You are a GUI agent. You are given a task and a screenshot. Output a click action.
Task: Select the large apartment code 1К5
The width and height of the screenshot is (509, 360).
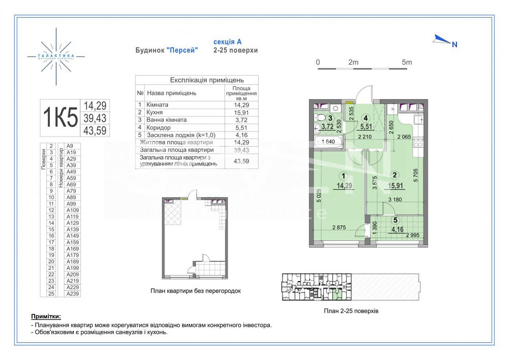(x=60, y=118)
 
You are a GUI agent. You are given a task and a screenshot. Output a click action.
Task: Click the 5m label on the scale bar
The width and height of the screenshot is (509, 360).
(x=406, y=62)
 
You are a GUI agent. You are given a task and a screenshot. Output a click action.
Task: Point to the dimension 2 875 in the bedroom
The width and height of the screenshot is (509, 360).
(x=340, y=228)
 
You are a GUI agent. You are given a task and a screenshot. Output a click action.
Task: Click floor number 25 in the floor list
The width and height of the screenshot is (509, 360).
(x=51, y=293)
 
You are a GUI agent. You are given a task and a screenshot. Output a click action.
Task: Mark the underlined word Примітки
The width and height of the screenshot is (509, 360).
(x=49, y=316)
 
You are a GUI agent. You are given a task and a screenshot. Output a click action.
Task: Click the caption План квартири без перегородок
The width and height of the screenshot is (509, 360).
(x=195, y=291)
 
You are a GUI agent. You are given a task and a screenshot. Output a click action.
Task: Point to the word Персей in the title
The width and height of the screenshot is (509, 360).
(x=183, y=50)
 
